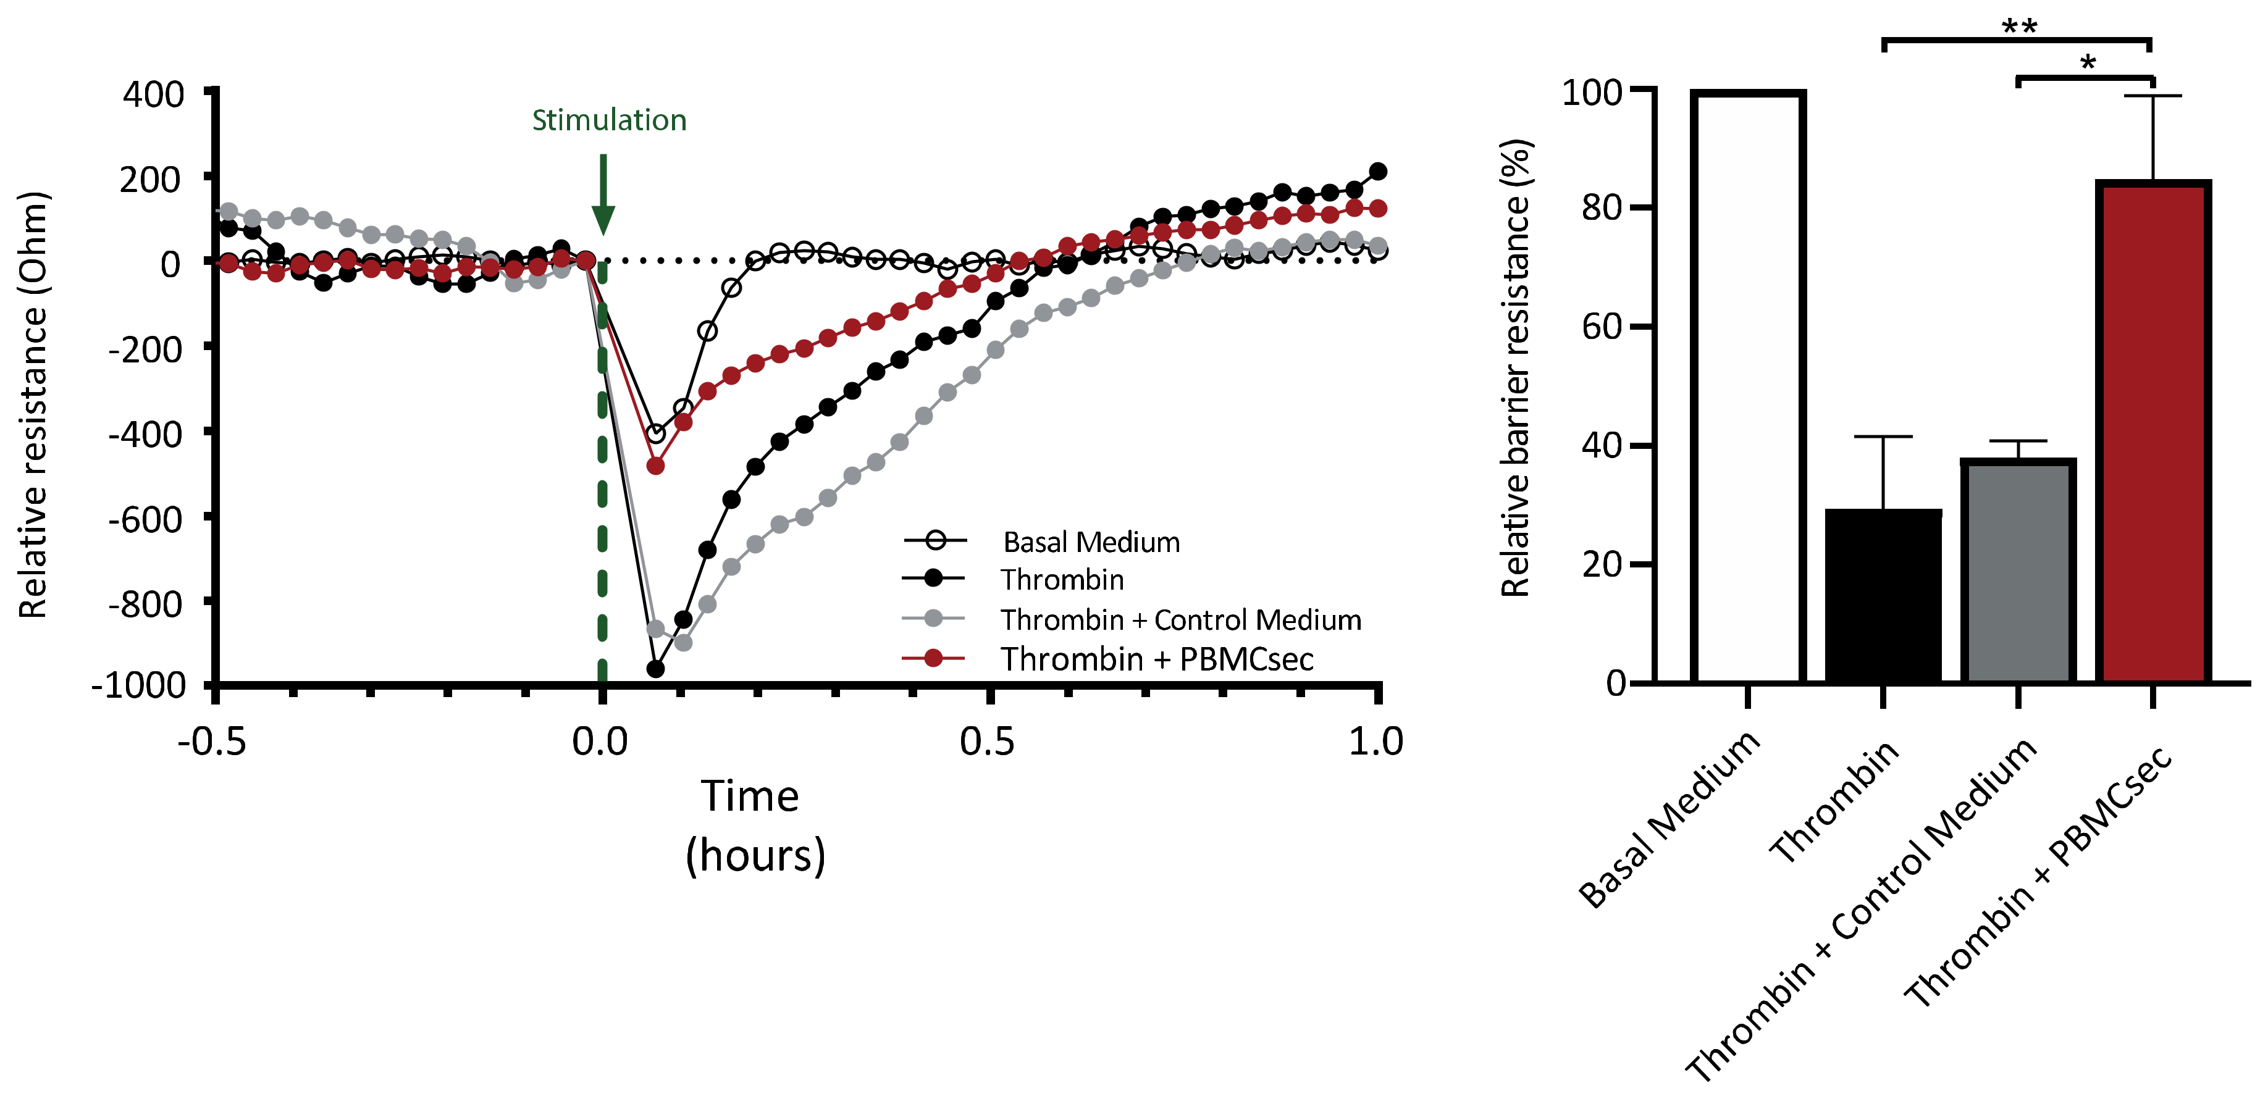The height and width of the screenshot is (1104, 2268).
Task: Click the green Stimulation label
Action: [x=608, y=120]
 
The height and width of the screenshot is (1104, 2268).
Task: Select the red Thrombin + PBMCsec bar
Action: [x=2152, y=432]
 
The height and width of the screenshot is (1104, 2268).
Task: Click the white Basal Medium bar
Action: [x=1748, y=387]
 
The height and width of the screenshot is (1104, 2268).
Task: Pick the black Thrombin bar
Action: [x=1883, y=595]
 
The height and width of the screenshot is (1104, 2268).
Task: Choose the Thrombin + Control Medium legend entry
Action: [x=1180, y=620]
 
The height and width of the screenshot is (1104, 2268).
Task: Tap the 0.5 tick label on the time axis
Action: [x=987, y=742]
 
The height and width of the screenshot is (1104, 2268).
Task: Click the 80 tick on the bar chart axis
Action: [x=1602, y=207]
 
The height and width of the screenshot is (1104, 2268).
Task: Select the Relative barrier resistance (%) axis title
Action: [x=1516, y=368]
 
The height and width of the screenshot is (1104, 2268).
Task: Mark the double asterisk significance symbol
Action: [x=2019, y=27]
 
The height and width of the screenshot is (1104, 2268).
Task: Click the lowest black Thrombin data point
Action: [x=655, y=669]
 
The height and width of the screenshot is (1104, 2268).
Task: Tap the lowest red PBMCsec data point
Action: [x=655, y=466]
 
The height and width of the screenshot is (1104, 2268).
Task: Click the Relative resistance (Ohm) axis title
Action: [x=33, y=405]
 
